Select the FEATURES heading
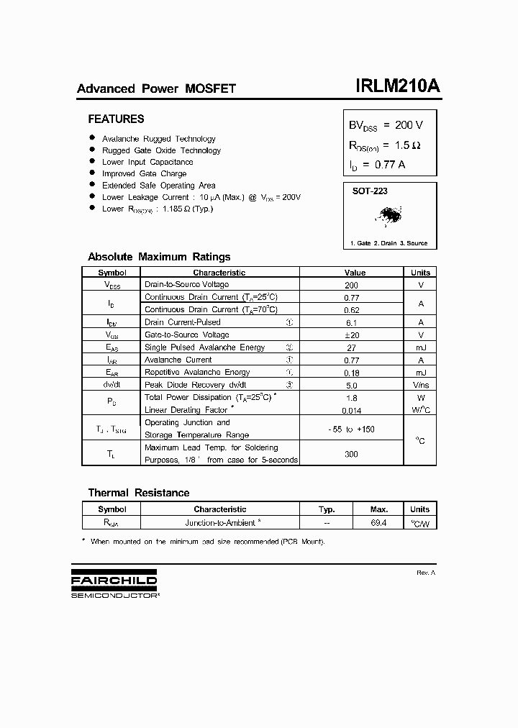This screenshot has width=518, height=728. pyautogui.click(x=116, y=119)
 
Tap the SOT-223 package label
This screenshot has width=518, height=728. pyautogui.click(x=370, y=191)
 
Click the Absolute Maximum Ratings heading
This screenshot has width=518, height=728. pyautogui.click(x=159, y=257)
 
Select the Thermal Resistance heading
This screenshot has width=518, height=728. pyautogui.click(x=138, y=493)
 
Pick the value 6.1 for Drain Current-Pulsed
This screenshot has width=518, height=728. pyautogui.click(x=351, y=322)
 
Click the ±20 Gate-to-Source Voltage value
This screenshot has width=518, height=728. pyautogui.click(x=351, y=335)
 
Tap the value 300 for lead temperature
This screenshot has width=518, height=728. pyautogui.click(x=351, y=455)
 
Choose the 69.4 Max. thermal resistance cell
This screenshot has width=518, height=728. pyautogui.click(x=378, y=522)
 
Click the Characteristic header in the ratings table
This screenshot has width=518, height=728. pyautogui.click(x=219, y=273)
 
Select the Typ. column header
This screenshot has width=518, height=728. pyautogui.click(x=327, y=509)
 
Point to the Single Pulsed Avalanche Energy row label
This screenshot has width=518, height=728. pyautogui.click(x=205, y=347)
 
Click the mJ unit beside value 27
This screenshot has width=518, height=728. pyautogui.click(x=421, y=347)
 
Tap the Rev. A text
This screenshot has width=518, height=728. pyautogui.click(x=426, y=573)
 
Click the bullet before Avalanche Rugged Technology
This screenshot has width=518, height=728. pyautogui.click(x=92, y=138)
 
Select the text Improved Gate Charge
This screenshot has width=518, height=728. pyautogui.click(x=144, y=173)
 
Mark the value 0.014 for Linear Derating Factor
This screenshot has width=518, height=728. pyautogui.click(x=351, y=410)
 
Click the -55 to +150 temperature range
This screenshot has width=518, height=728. pyautogui.click(x=351, y=429)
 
